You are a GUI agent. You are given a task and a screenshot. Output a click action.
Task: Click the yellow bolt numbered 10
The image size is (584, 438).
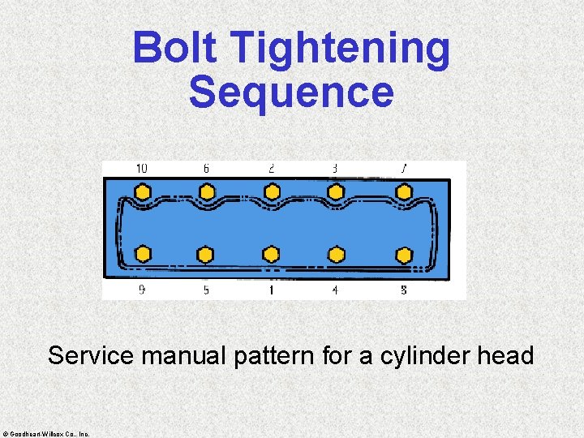point(143,192)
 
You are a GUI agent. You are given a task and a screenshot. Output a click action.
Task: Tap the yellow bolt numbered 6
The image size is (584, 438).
point(207,192)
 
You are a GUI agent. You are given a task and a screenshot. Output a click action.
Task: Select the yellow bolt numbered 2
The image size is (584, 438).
point(272,192)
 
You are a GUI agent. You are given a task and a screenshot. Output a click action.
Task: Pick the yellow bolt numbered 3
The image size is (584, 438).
point(335,192)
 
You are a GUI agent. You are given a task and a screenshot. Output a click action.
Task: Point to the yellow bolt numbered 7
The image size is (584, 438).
point(403,192)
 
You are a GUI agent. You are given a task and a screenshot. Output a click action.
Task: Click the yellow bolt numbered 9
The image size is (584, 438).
point(143,254)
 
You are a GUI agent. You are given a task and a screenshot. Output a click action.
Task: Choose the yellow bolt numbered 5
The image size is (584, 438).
point(206,254)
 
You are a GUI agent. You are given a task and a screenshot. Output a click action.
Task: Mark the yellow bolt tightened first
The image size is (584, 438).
point(272,254)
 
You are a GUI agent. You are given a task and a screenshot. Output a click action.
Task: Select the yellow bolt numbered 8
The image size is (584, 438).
point(403,255)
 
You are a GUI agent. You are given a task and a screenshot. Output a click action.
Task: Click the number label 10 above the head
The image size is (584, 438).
point(141,169)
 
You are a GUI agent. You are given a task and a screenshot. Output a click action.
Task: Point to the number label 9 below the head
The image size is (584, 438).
point(142,290)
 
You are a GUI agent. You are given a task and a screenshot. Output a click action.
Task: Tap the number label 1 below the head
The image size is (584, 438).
point(271,290)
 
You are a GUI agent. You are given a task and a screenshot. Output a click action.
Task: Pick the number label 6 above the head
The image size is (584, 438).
point(206,169)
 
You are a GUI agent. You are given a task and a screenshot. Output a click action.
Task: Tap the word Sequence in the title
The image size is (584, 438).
point(291,92)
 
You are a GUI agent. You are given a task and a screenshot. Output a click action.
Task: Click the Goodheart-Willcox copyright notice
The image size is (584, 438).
point(46,433)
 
